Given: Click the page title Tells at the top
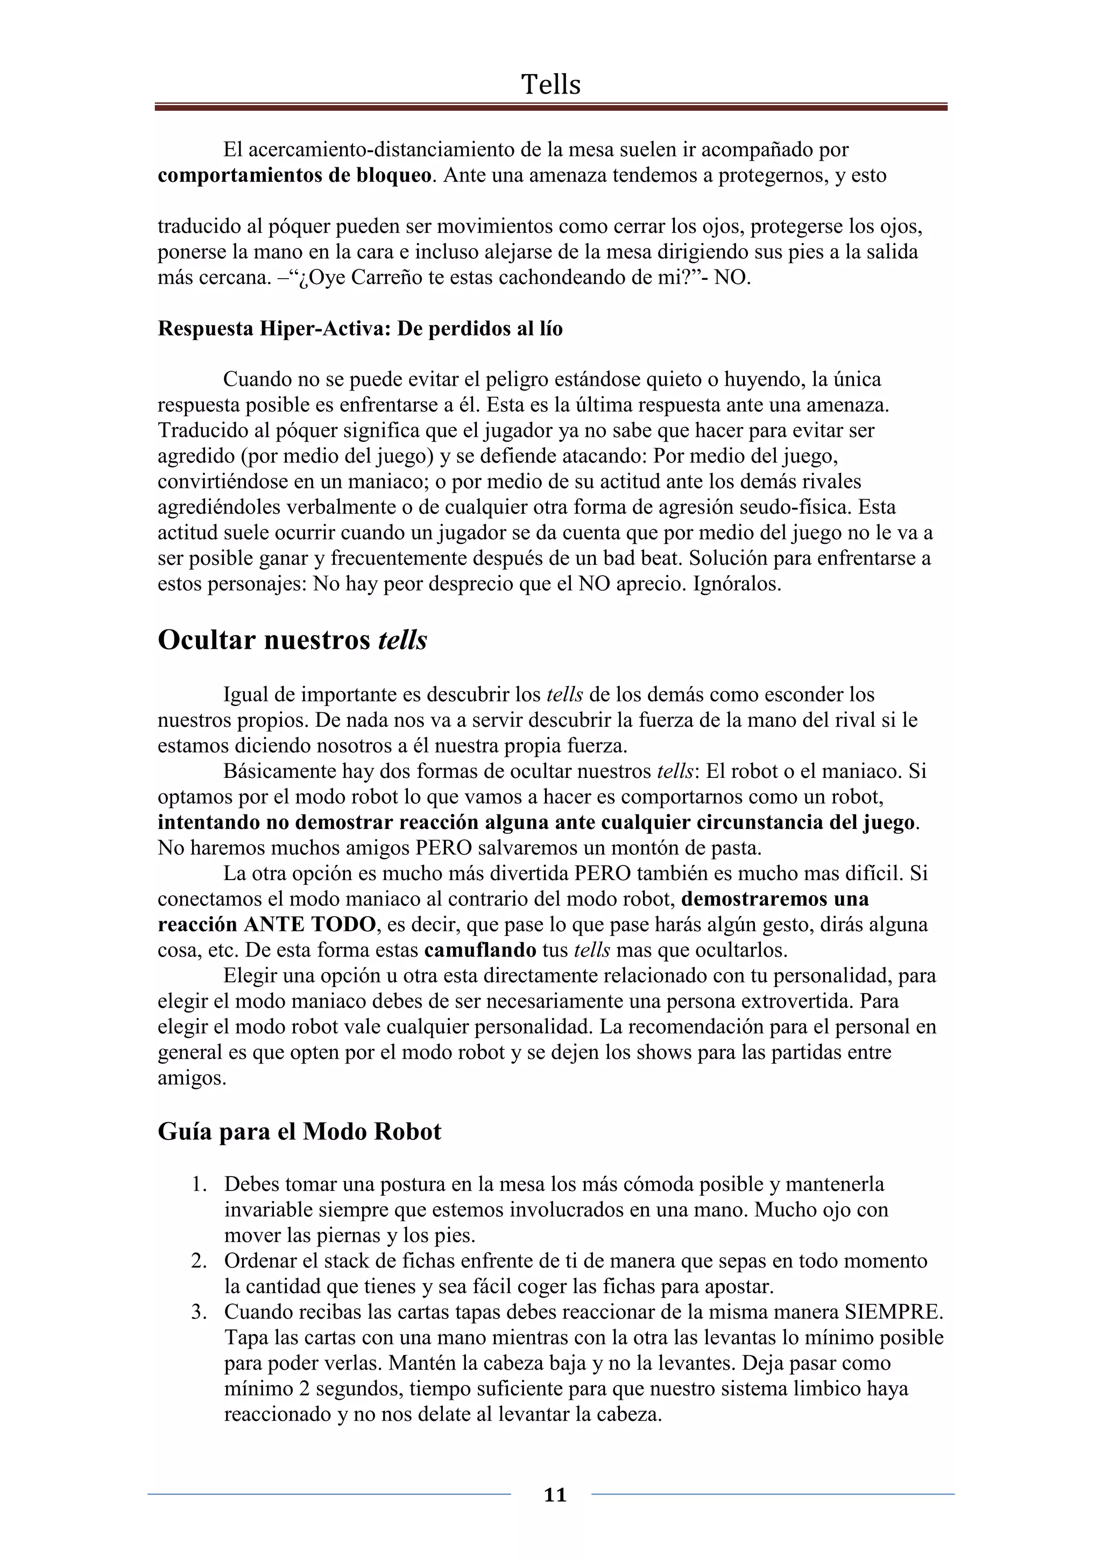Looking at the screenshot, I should [x=550, y=85].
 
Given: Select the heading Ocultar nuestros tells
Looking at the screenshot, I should [x=292, y=640].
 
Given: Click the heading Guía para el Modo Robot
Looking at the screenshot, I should [x=299, y=1132].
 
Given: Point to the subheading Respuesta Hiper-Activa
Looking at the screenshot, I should [x=360, y=329].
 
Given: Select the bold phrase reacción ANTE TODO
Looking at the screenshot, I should [x=266, y=924].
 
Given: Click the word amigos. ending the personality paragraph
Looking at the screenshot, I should [x=192, y=1078].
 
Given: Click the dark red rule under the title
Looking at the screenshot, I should [x=550, y=107].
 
